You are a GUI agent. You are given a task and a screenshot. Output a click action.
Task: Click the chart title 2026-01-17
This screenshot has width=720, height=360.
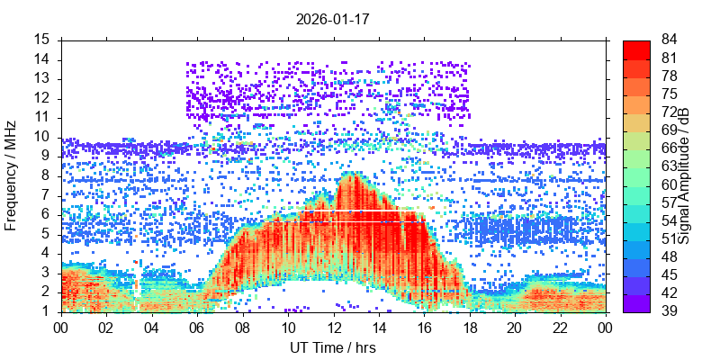click(333, 18)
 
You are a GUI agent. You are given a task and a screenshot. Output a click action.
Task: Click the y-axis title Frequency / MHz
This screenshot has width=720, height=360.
click(12, 175)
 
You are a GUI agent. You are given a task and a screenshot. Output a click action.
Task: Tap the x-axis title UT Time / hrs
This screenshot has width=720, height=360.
click(333, 347)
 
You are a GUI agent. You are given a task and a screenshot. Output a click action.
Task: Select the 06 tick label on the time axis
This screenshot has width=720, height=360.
click(197, 328)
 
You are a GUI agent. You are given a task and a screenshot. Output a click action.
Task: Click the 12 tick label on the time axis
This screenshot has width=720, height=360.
click(333, 328)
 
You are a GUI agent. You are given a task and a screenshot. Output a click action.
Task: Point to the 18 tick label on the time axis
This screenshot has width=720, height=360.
click(469, 328)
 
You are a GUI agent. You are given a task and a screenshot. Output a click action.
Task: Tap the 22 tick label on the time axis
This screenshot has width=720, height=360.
click(560, 328)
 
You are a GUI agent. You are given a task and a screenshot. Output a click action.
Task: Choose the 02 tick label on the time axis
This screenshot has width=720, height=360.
click(106, 328)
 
